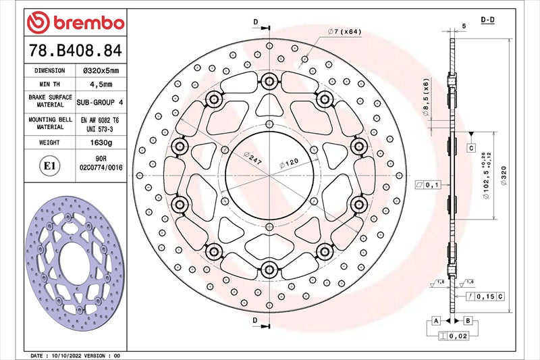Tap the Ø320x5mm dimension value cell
click(101, 70)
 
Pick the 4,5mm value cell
click(101, 84)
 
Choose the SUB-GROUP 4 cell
click(101, 102)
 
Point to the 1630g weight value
click(101, 143)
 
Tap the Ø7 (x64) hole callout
click(345, 32)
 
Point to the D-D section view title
click(487, 20)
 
